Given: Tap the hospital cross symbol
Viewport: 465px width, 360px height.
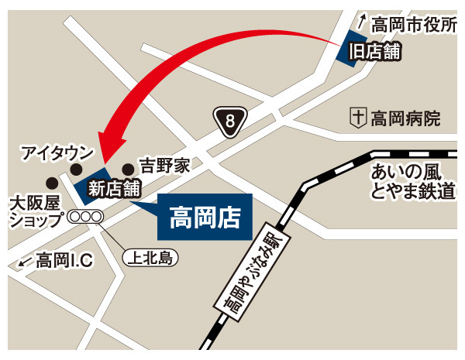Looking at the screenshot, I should pyautogui.click(x=358, y=119).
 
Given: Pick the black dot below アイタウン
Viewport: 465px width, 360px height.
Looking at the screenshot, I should pyautogui.click(x=76, y=170).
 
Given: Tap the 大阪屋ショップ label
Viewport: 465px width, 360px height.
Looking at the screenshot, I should pyautogui.click(x=34, y=211).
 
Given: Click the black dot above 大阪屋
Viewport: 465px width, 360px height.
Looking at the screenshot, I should pyautogui.click(x=51, y=183).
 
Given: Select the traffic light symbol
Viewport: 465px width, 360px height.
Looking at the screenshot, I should pyautogui.click(x=85, y=218).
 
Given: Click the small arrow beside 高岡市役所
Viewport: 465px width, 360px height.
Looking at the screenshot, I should pyautogui.click(x=361, y=23).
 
